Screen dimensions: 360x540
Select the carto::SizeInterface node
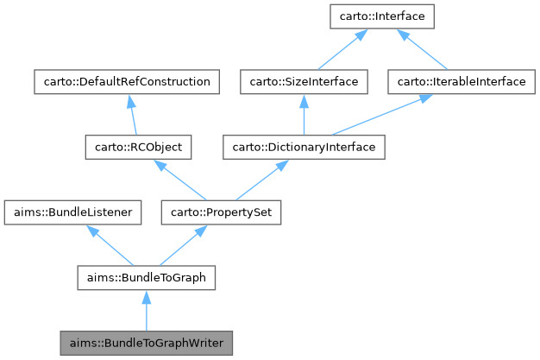coord(304,82)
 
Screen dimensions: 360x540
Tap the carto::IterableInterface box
coord(456,82)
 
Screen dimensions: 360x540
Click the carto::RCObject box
coord(138,148)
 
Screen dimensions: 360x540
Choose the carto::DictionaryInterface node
coord(304,148)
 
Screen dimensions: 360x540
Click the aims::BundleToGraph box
coord(146,277)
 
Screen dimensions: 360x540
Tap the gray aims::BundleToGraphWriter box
coord(146,343)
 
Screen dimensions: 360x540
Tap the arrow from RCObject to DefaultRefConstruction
coord(133,116)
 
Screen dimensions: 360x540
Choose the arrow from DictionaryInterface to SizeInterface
coord(304,116)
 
